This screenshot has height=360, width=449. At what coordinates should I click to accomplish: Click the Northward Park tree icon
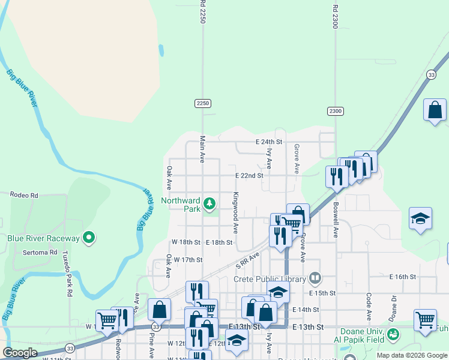point(209,204)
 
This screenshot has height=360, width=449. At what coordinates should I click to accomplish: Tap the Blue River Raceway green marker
point(89,238)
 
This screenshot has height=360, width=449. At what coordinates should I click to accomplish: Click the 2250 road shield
point(203,103)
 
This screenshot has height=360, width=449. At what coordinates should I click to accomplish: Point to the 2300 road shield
point(336,111)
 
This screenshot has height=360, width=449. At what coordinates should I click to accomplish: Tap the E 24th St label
point(268,142)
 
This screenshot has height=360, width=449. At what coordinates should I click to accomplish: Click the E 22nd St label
point(249,176)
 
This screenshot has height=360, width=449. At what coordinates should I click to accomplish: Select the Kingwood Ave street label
point(237,212)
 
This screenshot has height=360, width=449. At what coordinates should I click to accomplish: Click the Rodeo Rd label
point(24,195)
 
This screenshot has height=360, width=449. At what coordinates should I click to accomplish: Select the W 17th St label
point(188,260)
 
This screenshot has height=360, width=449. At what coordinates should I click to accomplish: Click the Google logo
point(20,353)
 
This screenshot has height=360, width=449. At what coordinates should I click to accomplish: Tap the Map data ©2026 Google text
point(411,355)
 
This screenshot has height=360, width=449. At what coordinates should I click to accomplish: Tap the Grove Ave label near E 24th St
point(297,158)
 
